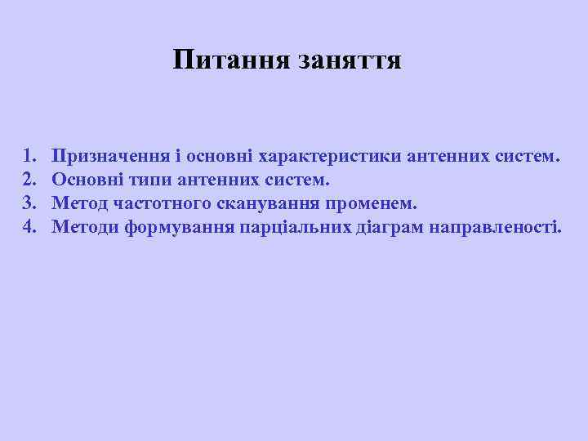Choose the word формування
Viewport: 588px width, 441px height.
point(179,226)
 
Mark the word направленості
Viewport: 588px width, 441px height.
point(497,226)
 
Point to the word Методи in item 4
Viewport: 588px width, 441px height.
point(85,226)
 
